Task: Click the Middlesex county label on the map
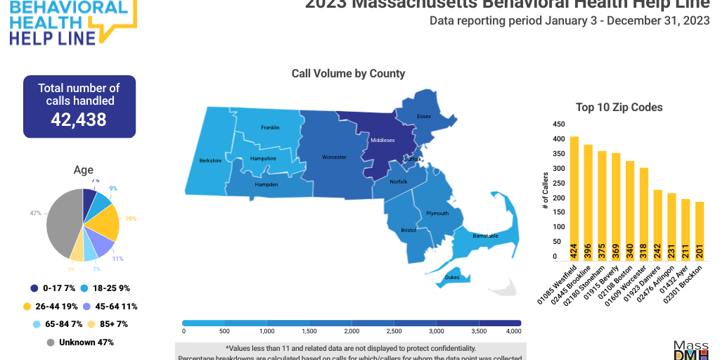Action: click(382, 140)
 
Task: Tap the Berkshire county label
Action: click(210, 160)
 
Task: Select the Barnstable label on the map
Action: click(485, 236)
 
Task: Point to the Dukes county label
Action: click(453, 277)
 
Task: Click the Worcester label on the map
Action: click(334, 157)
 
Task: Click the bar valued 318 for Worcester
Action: click(644, 214)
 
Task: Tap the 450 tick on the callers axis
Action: click(558, 124)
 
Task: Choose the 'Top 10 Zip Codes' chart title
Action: click(619, 108)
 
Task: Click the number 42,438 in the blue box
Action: click(79, 120)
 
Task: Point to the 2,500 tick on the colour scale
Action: click(394, 330)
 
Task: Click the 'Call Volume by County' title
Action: click(348, 73)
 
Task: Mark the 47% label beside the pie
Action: click(35, 212)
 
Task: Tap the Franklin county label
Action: click(270, 127)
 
